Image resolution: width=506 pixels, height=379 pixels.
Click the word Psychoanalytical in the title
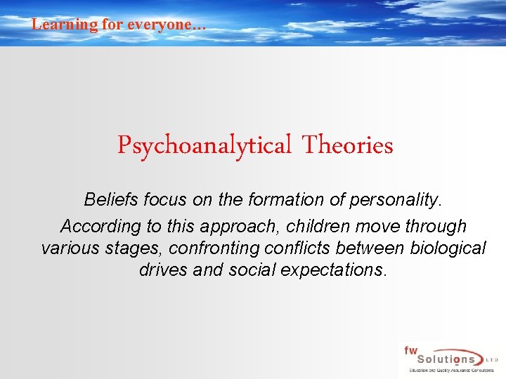pyautogui.click(x=204, y=145)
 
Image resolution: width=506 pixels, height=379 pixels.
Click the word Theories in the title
pyautogui.click(x=347, y=145)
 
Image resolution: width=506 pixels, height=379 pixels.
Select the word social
pyautogui.click(x=251, y=270)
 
